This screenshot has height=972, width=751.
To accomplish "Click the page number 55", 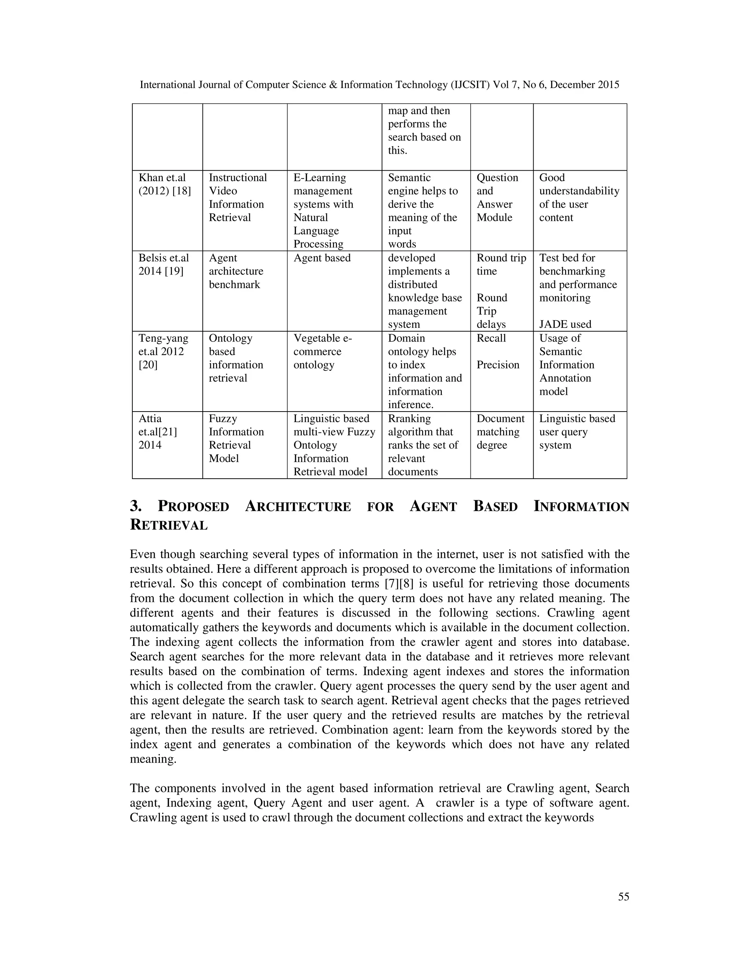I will point(623,896).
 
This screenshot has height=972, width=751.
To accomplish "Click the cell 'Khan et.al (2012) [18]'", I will point(165,184).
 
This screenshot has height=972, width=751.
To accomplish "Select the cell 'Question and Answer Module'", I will point(497,197).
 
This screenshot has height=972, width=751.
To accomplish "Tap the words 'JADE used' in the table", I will point(565,324).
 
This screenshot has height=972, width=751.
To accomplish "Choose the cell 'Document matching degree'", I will point(500,432).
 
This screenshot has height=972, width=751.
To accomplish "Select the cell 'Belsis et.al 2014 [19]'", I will point(163,264).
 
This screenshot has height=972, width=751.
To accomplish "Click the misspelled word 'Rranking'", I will point(409,419).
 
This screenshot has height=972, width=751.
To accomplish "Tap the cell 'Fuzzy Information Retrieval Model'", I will point(236,438).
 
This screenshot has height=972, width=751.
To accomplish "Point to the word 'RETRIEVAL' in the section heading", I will point(169,525).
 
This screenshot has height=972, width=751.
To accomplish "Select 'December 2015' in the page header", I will point(584,85).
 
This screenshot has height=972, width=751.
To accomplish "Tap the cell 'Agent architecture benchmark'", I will point(236,271).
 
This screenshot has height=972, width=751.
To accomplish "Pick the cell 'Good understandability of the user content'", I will point(578,197).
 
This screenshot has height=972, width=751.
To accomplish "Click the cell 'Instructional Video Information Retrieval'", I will point(238,197).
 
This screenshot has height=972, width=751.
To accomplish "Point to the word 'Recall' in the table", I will point(491,338).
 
